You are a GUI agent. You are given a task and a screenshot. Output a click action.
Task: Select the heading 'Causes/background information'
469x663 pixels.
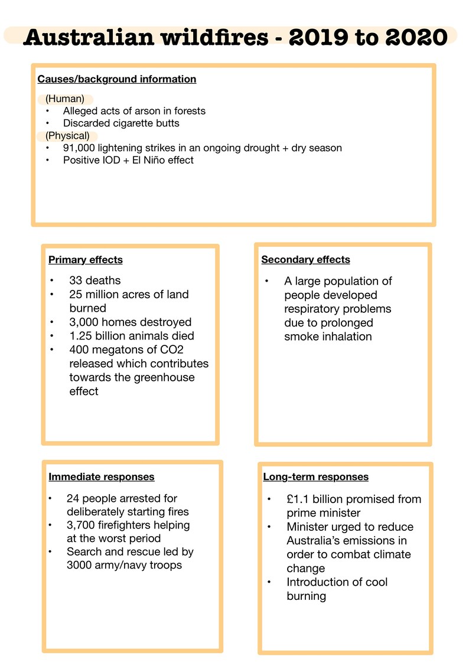[116, 79]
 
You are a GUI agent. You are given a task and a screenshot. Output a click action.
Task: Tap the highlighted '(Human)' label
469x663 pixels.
[65, 99]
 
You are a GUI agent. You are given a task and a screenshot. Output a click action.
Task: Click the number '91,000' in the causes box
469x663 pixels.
[81, 148]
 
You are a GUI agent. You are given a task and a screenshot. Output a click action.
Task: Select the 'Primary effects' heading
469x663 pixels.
[86, 260]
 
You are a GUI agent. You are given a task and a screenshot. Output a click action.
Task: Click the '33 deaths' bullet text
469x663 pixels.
[95, 280]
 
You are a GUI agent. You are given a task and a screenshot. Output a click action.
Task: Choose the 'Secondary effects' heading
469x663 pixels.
[305, 260]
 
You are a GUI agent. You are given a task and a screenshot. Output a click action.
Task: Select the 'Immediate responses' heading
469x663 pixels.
[102, 476]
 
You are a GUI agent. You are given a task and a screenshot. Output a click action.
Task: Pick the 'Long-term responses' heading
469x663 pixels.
[315, 477]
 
